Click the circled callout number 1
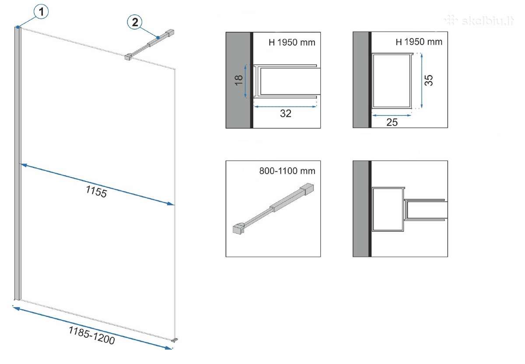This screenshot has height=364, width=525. tap(41, 11)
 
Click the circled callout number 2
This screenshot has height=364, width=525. tap(135, 22)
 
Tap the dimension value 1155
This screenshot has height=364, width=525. tap(96, 192)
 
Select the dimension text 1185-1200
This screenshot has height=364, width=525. tap(91, 336)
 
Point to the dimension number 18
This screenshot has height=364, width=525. tap(238, 80)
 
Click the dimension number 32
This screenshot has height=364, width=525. tap(286, 113)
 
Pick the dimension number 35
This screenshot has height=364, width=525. tap(429, 80)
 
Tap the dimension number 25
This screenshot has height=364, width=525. tap(392, 122)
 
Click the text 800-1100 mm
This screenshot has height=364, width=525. tap(287, 171)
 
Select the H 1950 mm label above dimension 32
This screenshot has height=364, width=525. tap(292, 42)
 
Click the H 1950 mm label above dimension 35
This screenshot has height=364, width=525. tap(419, 42)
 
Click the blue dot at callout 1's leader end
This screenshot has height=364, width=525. tap(18, 27)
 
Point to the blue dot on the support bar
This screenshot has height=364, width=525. tap(158, 38)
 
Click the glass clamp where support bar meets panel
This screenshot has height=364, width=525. tap(127, 57)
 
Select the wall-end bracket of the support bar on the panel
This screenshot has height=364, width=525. tap(170, 33)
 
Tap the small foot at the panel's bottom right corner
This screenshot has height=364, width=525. tap(175, 340)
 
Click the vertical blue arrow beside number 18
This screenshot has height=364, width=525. tap(245, 81)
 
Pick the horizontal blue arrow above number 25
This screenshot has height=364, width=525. tap(392, 115)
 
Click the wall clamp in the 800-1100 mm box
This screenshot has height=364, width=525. tap(308, 189)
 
